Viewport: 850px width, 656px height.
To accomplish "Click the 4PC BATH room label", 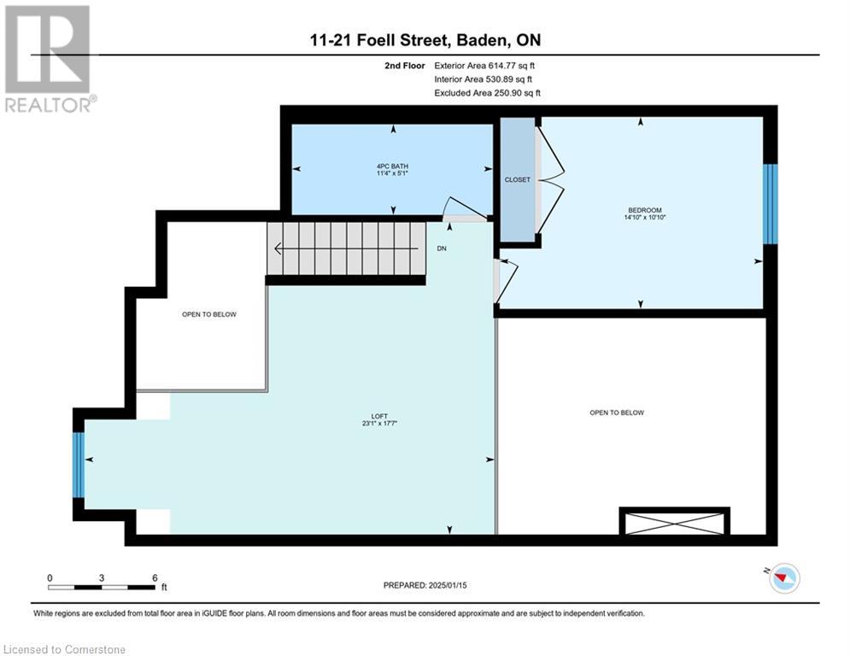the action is click(x=392, y=167).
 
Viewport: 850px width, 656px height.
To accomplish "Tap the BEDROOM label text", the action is click(x=644, y=210).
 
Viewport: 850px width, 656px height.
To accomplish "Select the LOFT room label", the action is click(x=379, y=416).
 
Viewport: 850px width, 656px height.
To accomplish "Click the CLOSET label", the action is click(x=517, y=179).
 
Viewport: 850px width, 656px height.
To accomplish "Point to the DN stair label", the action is click(x=442, y=249).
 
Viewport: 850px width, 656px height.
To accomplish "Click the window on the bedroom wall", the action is click(x=771, y=204).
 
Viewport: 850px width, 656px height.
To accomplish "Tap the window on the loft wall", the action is click(x=79, y=465).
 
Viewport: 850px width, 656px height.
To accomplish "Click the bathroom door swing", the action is click(x=465, y=209).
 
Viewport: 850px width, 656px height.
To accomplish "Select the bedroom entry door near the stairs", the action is click(x=505, y=280).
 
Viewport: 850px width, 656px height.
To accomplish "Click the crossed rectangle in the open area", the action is click(x=674, y=522).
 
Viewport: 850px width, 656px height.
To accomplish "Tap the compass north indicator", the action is click(x=783, y=578).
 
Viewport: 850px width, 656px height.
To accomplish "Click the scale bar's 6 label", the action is click(x=155, y=578).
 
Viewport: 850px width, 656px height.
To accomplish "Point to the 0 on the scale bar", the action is click(x=50, y=578).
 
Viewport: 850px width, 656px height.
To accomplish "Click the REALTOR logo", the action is click(x=50, y=59).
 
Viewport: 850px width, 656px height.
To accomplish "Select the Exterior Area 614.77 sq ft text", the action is click(x=484, y=66).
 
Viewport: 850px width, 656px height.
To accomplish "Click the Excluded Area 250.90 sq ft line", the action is click(x=487, y=93).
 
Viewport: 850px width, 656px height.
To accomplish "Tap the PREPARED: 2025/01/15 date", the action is click(x=425, y=585).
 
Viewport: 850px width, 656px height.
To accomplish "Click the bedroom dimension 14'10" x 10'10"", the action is click(x=644, y=218).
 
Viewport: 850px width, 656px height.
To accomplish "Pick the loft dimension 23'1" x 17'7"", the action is click(x=379, y=424).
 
